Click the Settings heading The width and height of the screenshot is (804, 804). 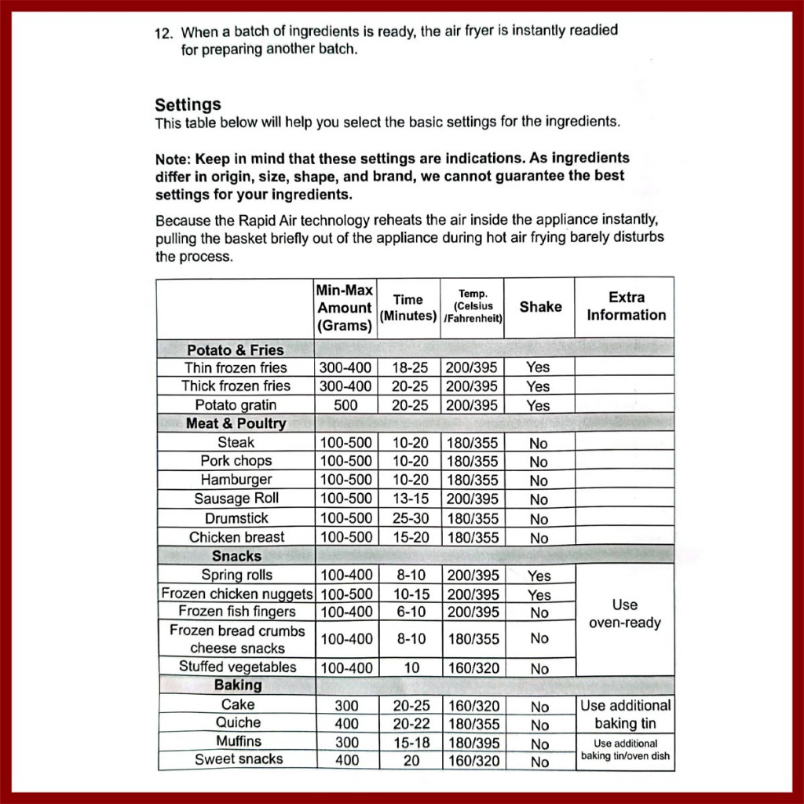pyautogui.click(x=188, y=104)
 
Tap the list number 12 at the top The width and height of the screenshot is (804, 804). pyautogui.click(x=163, y=34)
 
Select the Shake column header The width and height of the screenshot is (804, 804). pyautogui.click(x=540, y=307)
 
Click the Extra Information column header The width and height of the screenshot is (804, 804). pyautogui.click(x=626, y=306)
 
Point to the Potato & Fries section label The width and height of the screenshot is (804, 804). pyautogui.click(x=236, y=349)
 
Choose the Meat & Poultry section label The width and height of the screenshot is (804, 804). pyautogui.click(x=236, y=423)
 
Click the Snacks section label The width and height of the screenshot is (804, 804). pyautogui.click(x=236, y=556)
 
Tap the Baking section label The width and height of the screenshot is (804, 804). pyautogui.click(x=238, y=685)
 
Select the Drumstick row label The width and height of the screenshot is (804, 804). pyautogui.click(x=236, y=518)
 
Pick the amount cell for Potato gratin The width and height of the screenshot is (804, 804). pyautogui.click(x=345, y=405)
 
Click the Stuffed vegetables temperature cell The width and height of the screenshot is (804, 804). pyautogui.click(x=473, y=668)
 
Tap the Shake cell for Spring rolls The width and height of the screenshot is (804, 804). pyautogui.click(x=539, y=576)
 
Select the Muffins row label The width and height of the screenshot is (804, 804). pyautogui.click(x=239, y=741)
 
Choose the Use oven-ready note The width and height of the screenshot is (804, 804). pyautogui.click(x=625, y=614)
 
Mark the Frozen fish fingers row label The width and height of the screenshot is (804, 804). pyautogui.click(x=237, y=612)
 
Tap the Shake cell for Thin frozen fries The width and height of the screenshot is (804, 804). pyautogui.click(x=539, y=367)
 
